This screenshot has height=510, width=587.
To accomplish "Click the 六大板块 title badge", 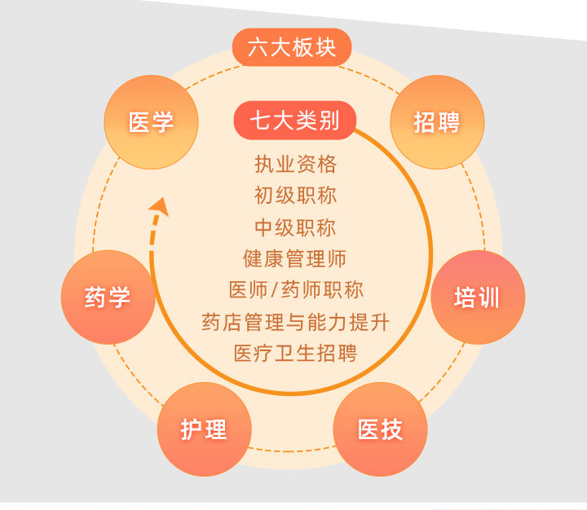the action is click(292, 47).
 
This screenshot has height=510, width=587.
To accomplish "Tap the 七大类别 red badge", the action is click(294, 120).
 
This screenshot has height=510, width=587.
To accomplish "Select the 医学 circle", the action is click(152, 122).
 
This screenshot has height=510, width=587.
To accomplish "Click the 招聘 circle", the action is click(437, 122).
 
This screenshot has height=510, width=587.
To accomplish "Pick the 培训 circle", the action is click(478, 297).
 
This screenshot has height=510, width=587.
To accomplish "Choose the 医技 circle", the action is click(380, 429).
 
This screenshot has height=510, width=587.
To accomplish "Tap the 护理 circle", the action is click(204, 429).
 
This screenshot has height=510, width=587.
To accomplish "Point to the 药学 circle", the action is click(108, 297).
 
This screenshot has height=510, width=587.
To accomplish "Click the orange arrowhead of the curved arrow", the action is click(160, 206).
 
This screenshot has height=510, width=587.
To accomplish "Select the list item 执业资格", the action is click(295, 165).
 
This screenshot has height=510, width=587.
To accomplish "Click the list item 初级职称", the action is click(295, 196).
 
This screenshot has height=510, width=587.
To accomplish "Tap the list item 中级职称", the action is click(295, 227).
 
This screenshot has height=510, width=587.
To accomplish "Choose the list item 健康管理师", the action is click(294, 258).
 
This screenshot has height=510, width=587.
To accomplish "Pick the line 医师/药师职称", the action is click(296, 289).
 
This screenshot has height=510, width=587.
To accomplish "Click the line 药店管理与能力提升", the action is click(295, 322).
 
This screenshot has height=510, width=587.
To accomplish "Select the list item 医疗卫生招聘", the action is click(295, 353).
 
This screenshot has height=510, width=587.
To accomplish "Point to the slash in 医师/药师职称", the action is click(275, 290).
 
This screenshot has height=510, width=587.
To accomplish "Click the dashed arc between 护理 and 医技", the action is click(292, 451).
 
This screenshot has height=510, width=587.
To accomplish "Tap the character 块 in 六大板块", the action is click(325, 47).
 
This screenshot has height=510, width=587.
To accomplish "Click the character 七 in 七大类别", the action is click(261, 121).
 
